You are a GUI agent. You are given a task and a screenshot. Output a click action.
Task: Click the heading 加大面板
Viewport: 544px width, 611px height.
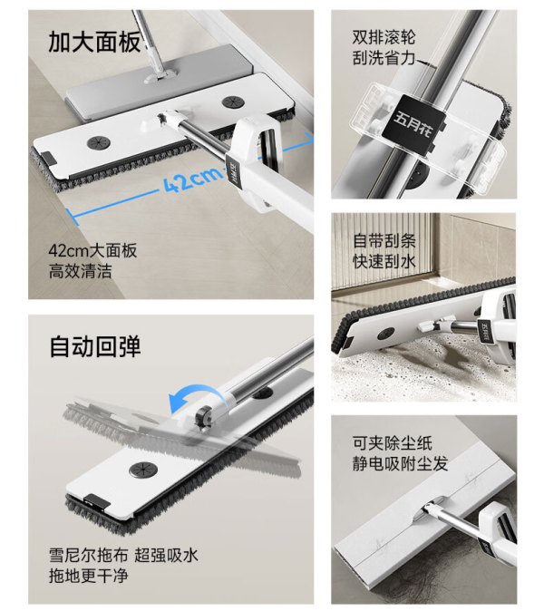click(x=94, y=42)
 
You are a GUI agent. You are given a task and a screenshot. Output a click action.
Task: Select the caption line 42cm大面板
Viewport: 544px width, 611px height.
click(x=92, y=250)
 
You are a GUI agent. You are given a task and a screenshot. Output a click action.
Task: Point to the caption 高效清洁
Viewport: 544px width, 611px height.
click(x=80, y=271)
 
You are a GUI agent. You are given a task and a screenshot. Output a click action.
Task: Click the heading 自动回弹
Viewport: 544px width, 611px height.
click(x=94, y=346)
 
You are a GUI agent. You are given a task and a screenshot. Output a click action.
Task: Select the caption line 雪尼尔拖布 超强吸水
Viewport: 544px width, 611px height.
click(x=123, y=555)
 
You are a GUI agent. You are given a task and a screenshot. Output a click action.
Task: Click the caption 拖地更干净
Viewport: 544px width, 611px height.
click(x=88, y=576)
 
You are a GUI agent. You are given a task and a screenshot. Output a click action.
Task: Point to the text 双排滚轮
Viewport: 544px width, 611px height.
click(x=384, y=37)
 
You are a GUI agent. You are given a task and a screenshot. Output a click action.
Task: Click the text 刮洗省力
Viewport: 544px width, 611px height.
click(x=384, y=58)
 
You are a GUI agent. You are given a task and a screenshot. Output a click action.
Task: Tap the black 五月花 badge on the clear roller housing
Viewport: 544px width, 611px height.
click(x=413, y=123)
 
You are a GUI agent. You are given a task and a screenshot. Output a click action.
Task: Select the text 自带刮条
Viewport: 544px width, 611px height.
click(x=384, y=240)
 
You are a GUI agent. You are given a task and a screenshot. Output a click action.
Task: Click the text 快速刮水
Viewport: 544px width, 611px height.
click(x=384, y=261)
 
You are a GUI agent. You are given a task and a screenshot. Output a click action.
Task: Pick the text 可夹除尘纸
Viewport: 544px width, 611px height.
click(x=392, y=443)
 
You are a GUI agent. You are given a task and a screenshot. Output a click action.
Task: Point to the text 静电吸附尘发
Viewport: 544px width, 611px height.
click(x=400, y=464)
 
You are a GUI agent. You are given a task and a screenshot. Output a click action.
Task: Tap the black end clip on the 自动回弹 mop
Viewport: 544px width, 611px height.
click(x=96, y=501)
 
